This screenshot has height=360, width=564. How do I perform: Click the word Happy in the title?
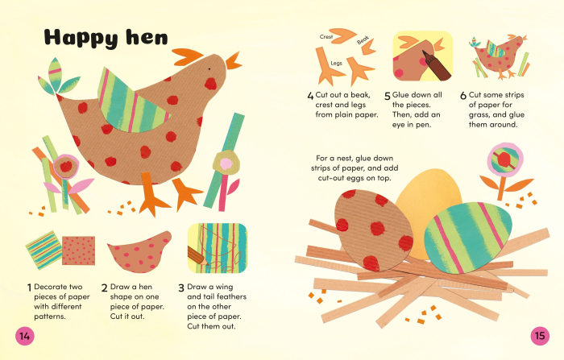click(80, 37)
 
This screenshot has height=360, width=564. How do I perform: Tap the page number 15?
click(539, 335)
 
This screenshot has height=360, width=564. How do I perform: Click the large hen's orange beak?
click(234, 61)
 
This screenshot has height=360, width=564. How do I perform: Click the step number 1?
click(30, 287)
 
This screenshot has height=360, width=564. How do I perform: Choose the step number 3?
click(180, 287)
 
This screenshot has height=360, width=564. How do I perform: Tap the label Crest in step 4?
click(326, 36)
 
